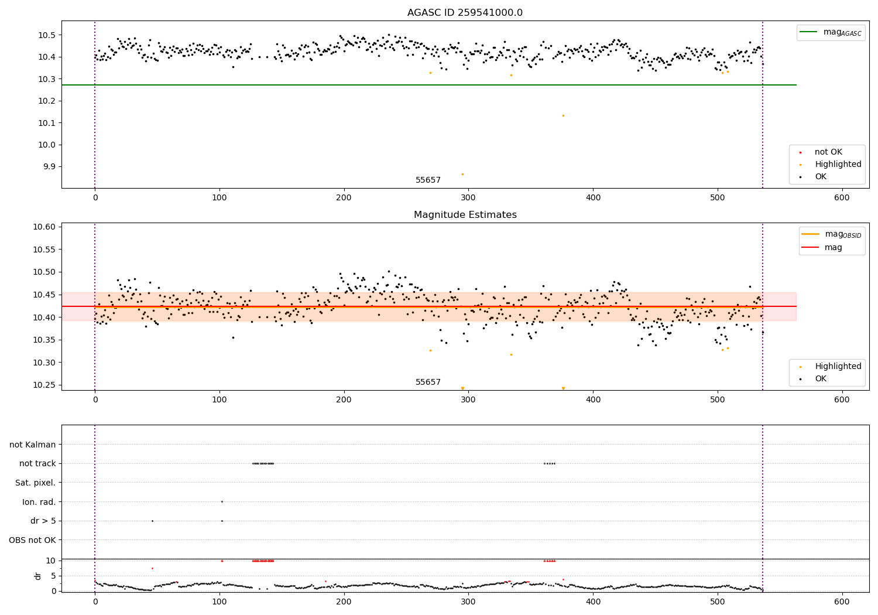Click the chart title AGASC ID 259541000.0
[465, 13]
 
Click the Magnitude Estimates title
[465, 215]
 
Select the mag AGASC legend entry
[831, 32]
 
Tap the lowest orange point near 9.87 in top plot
[462, 174]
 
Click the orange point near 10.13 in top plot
[563, 115]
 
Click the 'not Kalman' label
[33, 445]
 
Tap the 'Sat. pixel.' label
[35, 483]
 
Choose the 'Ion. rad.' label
[39, 502]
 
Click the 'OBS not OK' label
[32, 540]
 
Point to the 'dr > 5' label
[43, 521]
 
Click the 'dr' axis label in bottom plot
[38, 576]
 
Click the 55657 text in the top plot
[428, 180]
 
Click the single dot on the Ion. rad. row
[222, 501]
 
